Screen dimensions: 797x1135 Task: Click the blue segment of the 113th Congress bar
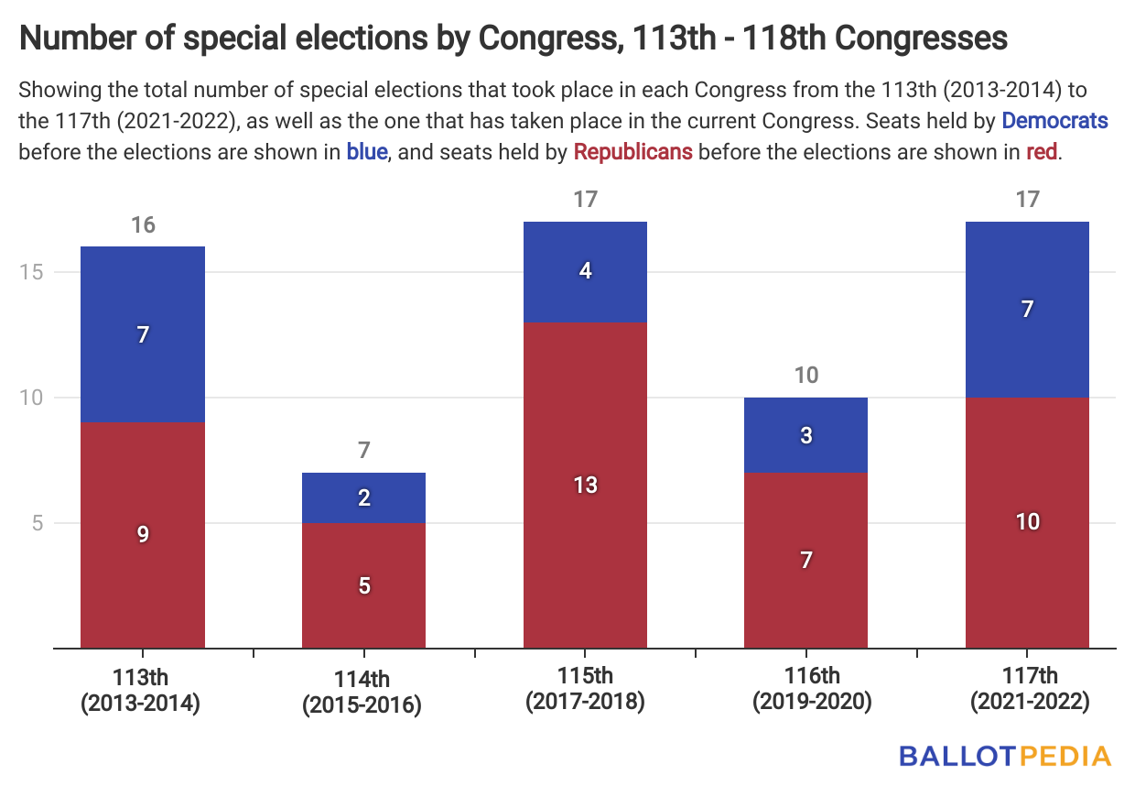tap(143, 334)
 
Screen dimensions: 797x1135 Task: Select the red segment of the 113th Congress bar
tap(143, 535)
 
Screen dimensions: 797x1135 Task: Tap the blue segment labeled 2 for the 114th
tap(363, 497)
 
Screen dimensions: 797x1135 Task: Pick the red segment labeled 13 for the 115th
tap(585, 485)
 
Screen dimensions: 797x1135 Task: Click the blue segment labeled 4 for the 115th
tap(585, 271)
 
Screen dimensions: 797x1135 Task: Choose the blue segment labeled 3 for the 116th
tap(805, 435)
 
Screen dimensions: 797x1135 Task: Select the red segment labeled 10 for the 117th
tap(1027, 522)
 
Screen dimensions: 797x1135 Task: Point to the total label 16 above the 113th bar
tap(143, 225)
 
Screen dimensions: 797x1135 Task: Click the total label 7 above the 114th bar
tap(363, 451)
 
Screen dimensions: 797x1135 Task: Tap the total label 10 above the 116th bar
tap(805, 376)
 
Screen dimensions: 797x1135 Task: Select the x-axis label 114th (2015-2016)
tap(363, 692)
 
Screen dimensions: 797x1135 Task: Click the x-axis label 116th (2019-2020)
tap(805, 689)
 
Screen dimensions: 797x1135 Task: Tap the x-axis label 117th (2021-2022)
tap(1027, 689)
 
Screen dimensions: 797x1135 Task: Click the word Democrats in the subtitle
tap(1054, 120)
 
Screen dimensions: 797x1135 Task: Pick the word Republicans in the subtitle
tap(632, 151)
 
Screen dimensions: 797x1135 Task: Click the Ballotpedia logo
tap(1005, 756)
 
